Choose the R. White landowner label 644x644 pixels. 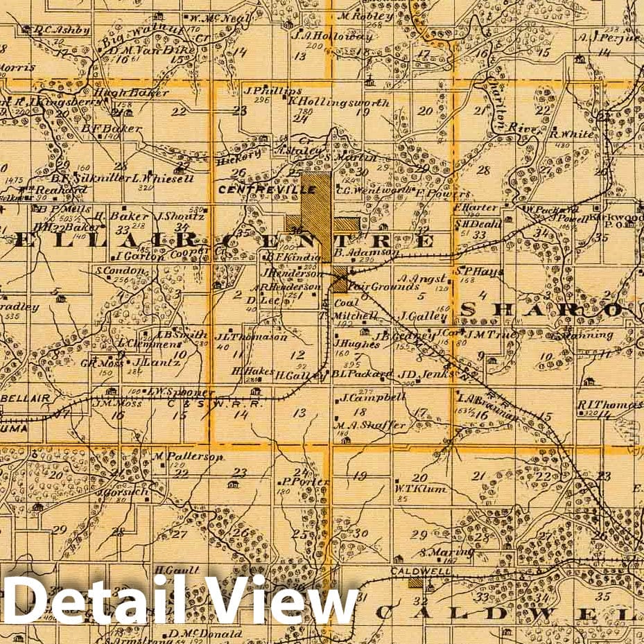pos(571,134)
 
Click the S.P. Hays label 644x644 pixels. pos(479,271)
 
